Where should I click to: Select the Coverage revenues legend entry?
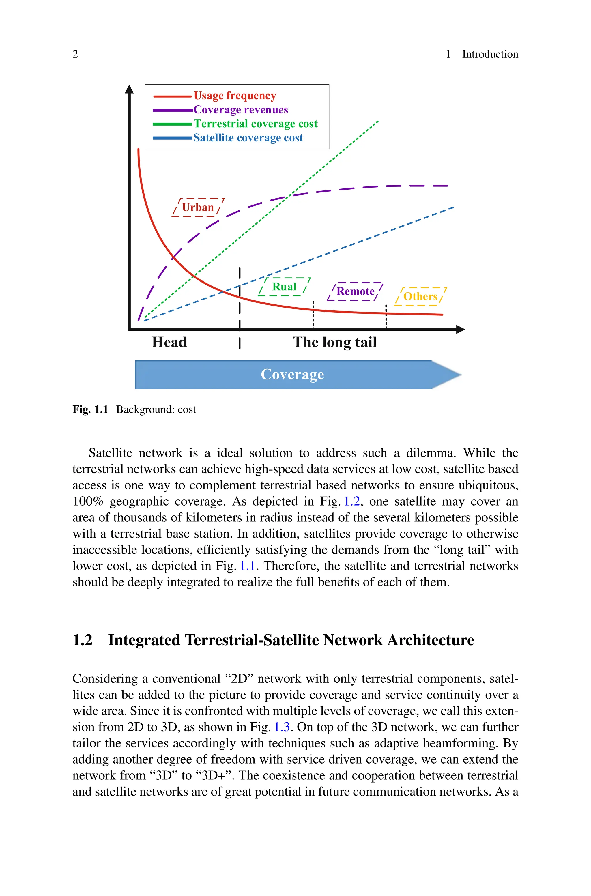[240, 110]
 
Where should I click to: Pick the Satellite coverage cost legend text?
[248, 138]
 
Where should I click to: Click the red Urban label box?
[198, 207]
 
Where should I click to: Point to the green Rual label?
[284, 287]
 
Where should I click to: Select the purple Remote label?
[355, 291]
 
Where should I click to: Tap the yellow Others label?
[420, 297]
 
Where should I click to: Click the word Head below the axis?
[169, 342]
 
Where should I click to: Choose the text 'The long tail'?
[335, 342]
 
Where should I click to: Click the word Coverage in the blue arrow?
[292, 374]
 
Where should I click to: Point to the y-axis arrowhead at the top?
[129, 89]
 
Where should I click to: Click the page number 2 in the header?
[75, 54]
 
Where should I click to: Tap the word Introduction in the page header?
[490, 54]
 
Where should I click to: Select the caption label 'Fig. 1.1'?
[90, 409]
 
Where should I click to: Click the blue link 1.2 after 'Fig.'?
[352, 502]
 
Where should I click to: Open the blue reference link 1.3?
[282, 727]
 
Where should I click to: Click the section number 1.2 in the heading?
[83, 640]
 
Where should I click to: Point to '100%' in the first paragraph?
[88, 502]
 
